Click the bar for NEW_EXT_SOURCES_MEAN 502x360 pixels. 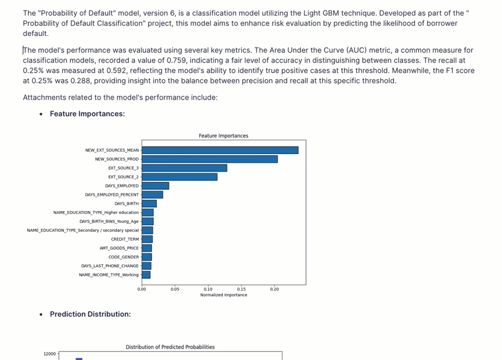click(x=219, y=150)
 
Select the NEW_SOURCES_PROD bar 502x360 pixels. click(x=210, y=159)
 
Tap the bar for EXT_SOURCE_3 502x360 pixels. click(x=184, y=168)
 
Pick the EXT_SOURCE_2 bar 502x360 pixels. click(x=179, y=177)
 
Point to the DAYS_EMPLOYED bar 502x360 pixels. click(x=155, y=186)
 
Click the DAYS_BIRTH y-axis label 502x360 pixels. click(x=127, y=204)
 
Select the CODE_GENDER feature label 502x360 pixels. click(x=124, y=257)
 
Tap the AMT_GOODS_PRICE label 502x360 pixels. click(x=119, y=248)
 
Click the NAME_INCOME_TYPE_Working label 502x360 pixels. click(x=109, y=275)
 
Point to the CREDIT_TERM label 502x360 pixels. click(x=125, y=239)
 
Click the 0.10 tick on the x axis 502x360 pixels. click(x=208, y=289)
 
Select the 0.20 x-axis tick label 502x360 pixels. click(x=274, y=289)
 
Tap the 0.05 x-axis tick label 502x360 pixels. click(x=175, y=289)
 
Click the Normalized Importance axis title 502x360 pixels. click(x=223, y=295)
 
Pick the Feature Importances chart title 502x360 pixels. click(x=223, y=136)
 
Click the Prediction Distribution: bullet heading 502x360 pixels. click(x=90, y=314)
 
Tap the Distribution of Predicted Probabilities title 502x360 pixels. click(x=170, y=347)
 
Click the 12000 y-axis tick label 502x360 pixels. click(x=49, y=354)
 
